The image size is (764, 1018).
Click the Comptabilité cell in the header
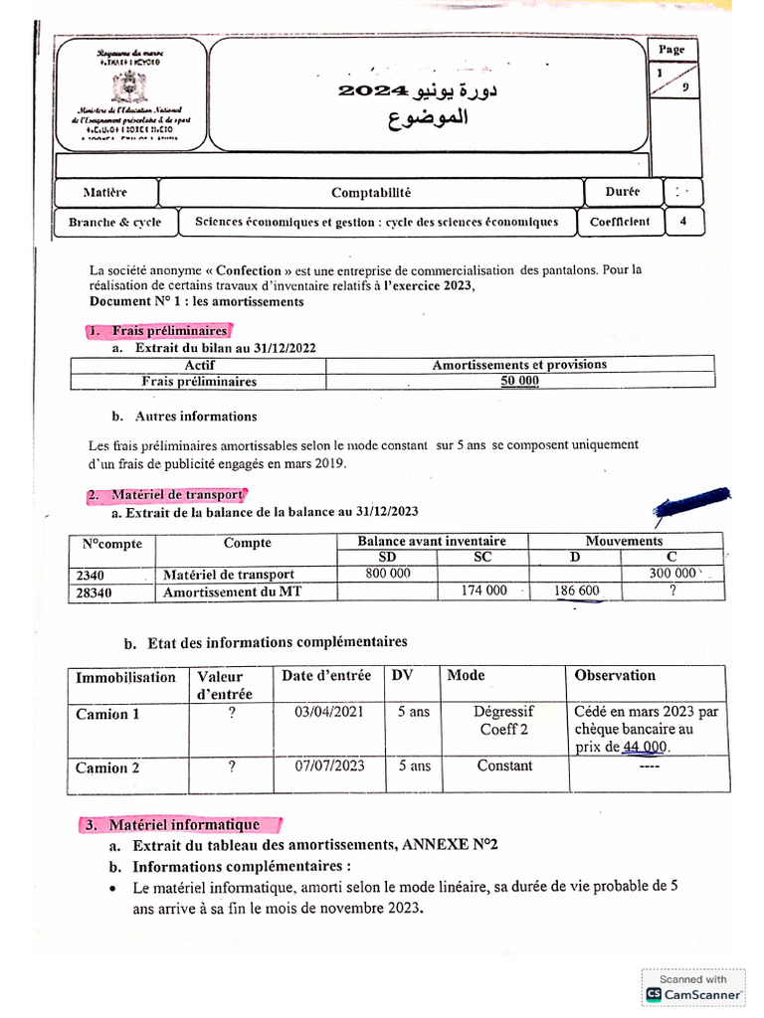(370, 193)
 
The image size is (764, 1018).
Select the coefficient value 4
(682, 222)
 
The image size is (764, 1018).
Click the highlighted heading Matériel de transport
(165, 494)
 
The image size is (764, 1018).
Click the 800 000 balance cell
(387, 574)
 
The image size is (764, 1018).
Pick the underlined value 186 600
(576, 591)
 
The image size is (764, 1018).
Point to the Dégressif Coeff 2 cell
(504, 721)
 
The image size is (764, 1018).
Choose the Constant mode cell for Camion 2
(504, 766)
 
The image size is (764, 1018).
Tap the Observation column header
(615, 676)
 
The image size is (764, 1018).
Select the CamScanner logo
(654, 993)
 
